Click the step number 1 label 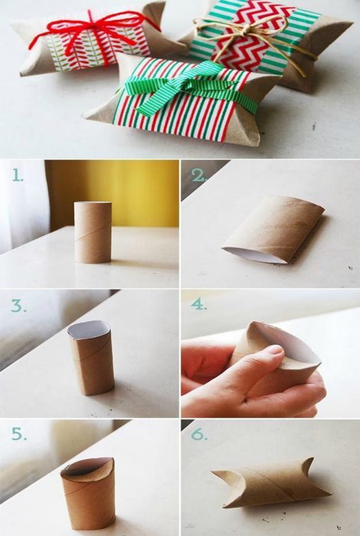18,175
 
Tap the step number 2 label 198,175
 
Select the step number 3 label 19,306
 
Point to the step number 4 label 198,304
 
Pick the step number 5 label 19,433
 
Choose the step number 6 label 199,434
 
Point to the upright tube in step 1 93,233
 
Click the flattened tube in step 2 273,230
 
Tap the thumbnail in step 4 274,350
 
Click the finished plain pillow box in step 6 270,482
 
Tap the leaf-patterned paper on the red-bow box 99,47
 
